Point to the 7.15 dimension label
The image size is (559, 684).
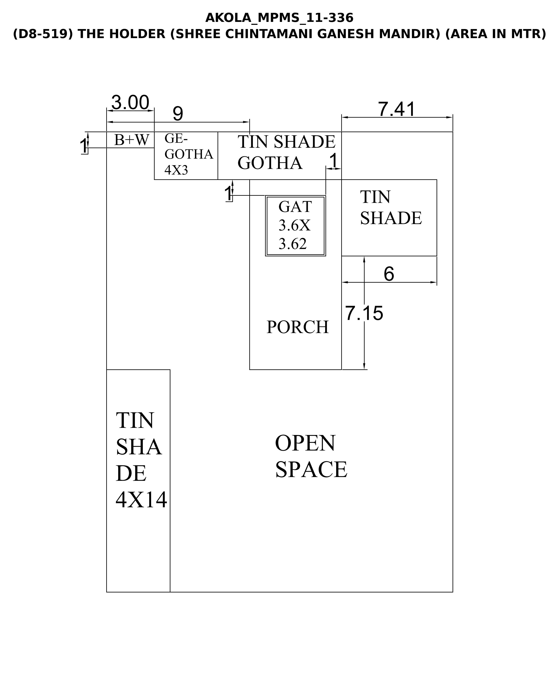[364, 313]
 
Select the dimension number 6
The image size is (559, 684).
[389, 274]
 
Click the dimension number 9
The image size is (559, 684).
[178, 113]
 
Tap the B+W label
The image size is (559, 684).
[132, 140]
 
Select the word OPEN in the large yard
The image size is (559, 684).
[305, 443]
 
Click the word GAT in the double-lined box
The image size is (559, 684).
[295, 207]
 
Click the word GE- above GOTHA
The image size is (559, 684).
[176, 138]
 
